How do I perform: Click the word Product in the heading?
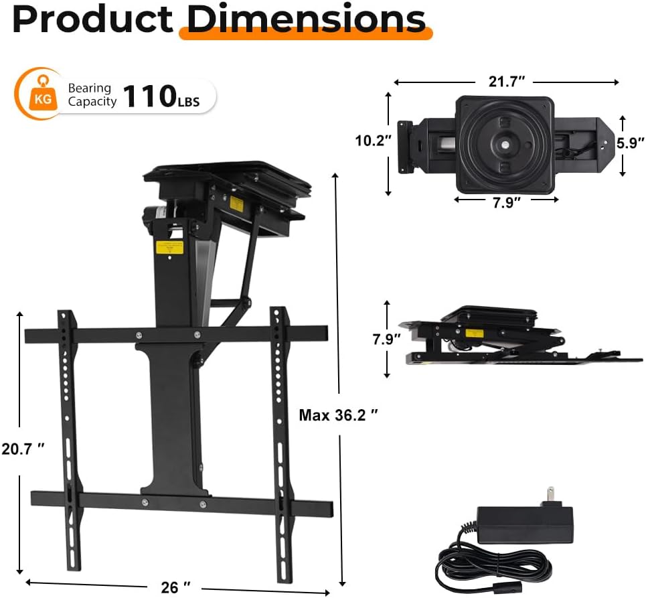tap(92, 19)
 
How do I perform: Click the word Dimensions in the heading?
tap(306, 19)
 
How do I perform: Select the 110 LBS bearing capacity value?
tap(160, 96)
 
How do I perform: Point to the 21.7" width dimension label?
tap(506, 81)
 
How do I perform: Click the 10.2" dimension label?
tap(373, 141)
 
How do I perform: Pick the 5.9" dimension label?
tap(630, 142)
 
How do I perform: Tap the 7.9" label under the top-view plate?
tap(506, 202)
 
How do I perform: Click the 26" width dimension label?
tap(170, 587)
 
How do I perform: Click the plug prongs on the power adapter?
tap(551, 496)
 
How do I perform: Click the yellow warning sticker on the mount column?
tap(170, 246)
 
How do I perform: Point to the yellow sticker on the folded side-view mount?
tap(475, 333)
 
